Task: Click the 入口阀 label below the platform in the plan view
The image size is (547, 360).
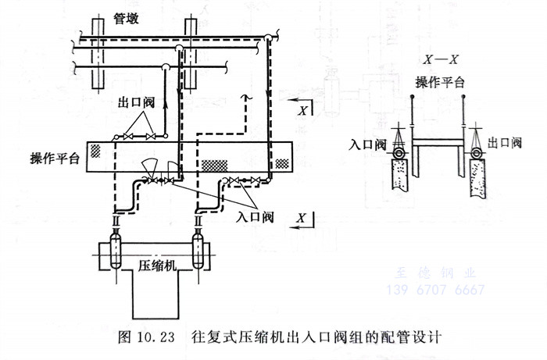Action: [x=253, y=216]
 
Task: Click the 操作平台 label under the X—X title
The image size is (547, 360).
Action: [x=440, y=81]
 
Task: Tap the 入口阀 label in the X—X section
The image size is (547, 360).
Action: [x=368, y=144]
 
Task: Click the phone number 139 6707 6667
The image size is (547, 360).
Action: [x=436, y=290]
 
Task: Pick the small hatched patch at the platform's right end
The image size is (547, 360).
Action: [x=282, y=164]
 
